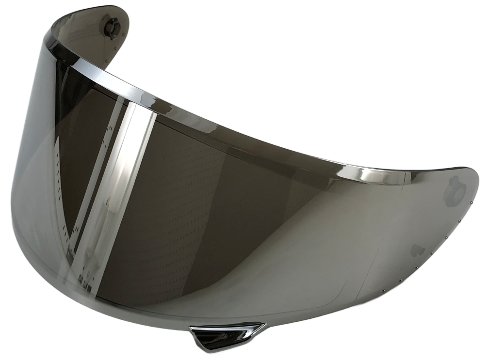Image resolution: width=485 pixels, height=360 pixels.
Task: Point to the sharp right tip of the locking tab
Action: coord(266,323)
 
